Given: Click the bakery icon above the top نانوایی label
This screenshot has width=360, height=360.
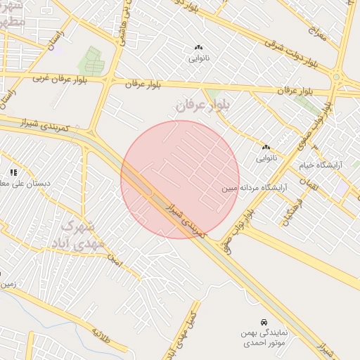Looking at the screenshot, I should tap(198, 48).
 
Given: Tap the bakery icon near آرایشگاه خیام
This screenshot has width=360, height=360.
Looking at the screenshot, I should tap(266, 148).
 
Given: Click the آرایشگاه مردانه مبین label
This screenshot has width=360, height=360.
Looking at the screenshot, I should tap(256, 188).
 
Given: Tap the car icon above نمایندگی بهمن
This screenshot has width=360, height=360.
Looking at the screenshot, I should tap(263, 321).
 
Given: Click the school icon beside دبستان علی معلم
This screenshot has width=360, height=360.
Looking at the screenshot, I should tap(13, 172).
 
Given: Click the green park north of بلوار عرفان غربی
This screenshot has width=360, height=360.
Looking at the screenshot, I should tap(92, 60).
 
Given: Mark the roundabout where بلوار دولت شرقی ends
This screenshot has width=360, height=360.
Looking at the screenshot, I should tap(337, 77).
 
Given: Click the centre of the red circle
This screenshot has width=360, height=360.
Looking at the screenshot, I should tap(180, 179).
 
